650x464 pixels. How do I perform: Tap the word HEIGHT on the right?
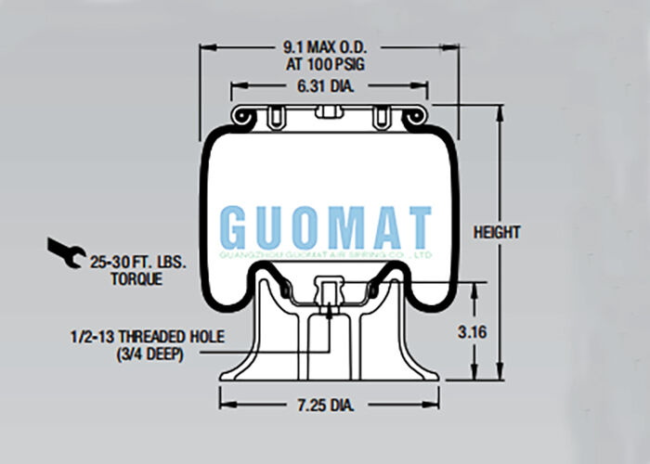point(496,232)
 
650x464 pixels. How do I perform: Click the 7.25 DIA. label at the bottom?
point(329,406)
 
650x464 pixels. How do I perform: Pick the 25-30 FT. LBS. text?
point(138,263)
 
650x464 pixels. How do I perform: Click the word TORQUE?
point(137,278)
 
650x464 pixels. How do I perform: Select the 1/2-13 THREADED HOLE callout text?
point(146,337)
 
